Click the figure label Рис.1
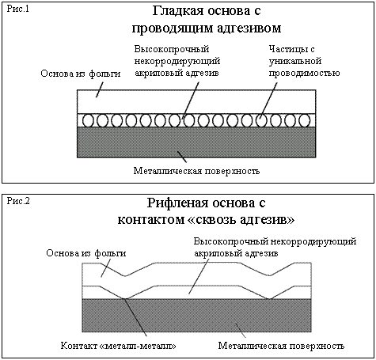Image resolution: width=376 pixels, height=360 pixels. [x=17, y=9]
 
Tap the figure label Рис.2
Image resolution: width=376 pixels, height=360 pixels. [x=18, y=201]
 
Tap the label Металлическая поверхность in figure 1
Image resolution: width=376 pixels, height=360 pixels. [x=196, y=171]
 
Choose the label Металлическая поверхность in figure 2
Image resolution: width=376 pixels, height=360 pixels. [x=281, y=346]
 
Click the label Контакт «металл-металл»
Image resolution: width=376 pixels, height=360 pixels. [x=118, y=346]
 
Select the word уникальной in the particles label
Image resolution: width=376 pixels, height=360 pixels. [x=295, y=61]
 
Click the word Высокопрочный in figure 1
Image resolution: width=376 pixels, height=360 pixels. [x=172, y=49]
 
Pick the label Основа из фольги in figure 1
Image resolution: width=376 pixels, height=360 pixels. [x=81, y=74]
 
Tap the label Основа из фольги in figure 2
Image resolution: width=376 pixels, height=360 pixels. [x=86, y=253]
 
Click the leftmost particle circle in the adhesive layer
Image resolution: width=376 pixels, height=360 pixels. [x=88, y=120]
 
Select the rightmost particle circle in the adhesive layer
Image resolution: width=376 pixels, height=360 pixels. [x=305, y=120]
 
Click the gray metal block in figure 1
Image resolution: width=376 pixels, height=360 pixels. [x=196, y=142]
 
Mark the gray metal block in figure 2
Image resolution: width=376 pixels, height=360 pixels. [x=197, y=316]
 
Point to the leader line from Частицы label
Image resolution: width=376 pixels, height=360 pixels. [x=268, y=100]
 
